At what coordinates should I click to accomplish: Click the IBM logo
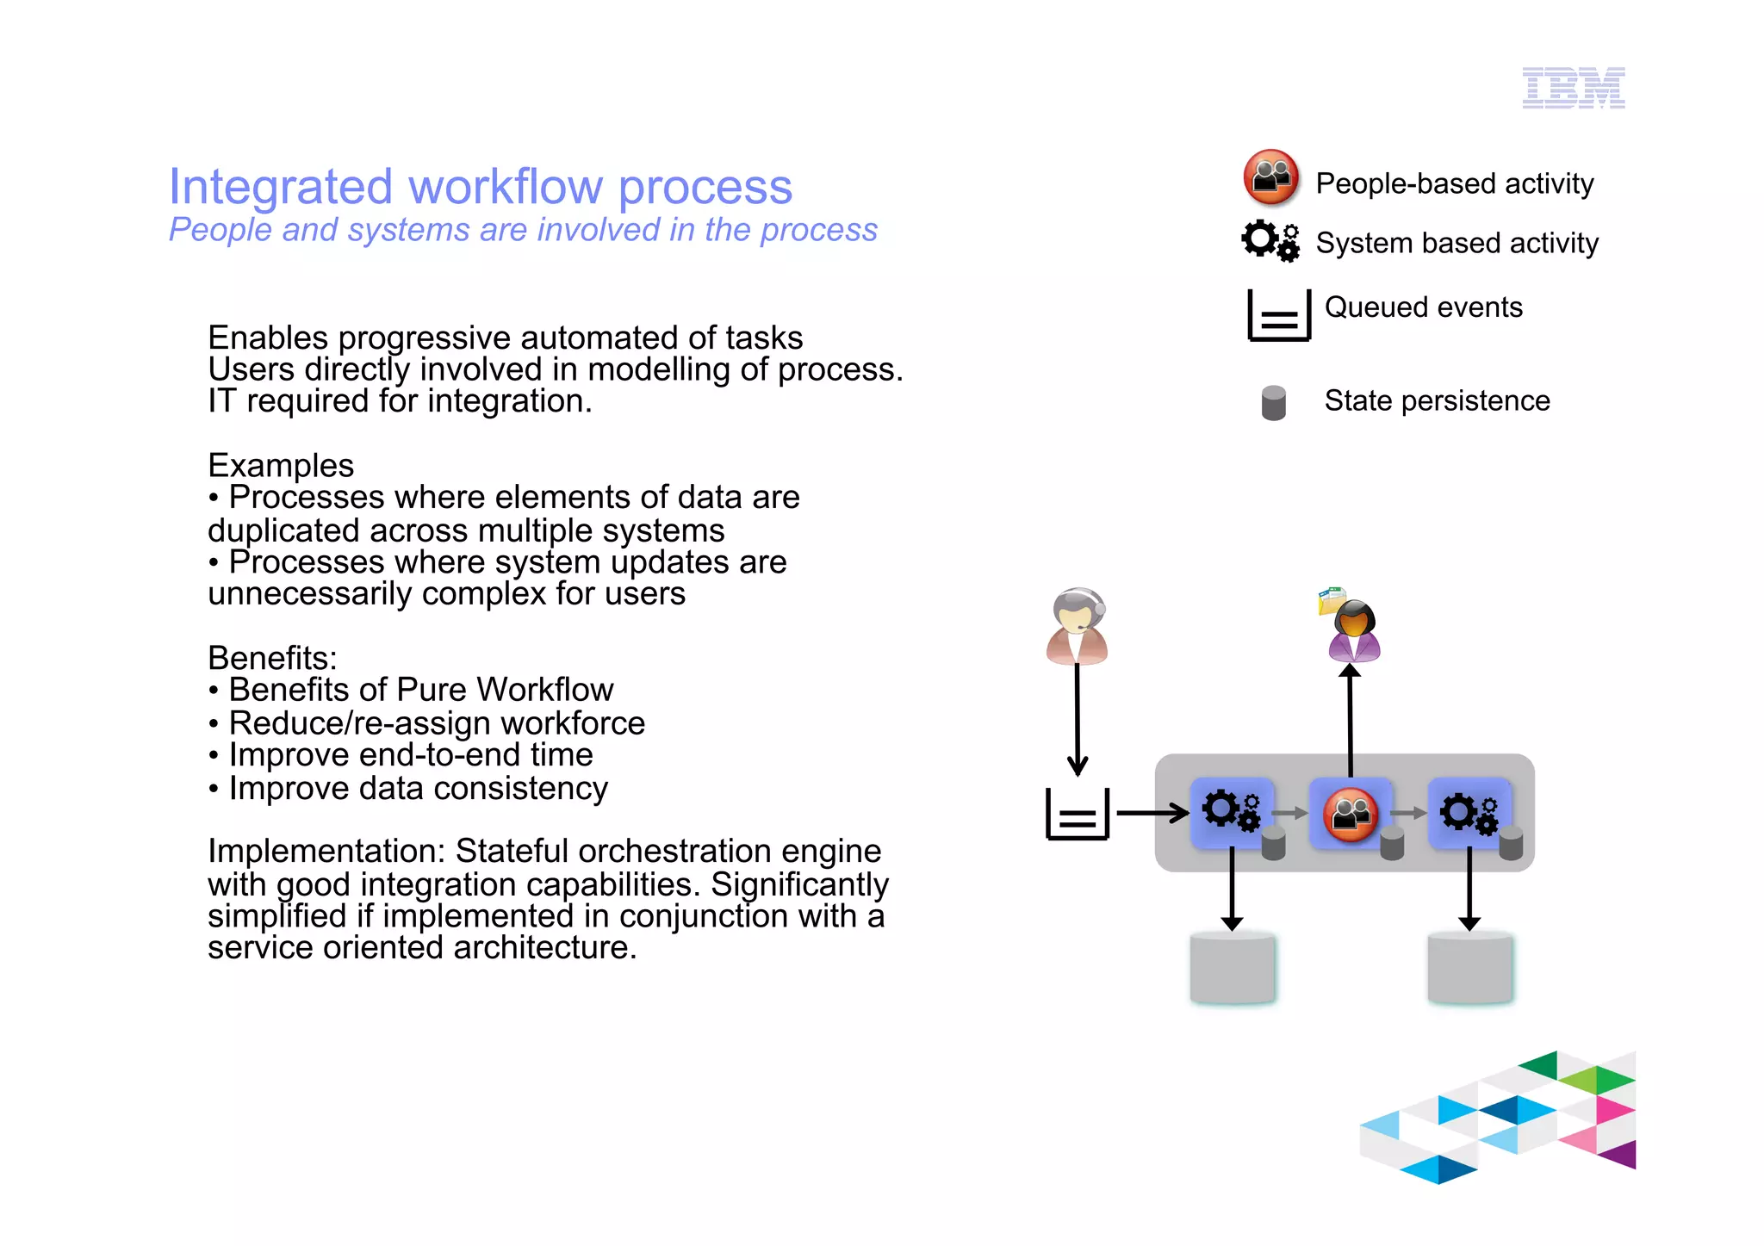[x=1573, y=88]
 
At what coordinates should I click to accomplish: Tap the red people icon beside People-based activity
[x=1270, y=177]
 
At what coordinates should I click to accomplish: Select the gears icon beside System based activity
[x=1270, y=241]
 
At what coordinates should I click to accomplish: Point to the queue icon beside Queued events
[x=1279, y=316]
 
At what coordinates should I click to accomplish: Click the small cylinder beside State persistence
[x=1273, y=403]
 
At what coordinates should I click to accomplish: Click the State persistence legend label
[x=1436, y=401]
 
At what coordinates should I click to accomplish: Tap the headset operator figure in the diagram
[x=1077, y=626]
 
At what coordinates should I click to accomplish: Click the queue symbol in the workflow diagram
[x=1077, y=814]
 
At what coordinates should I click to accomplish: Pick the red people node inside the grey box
[x=1350, y=814]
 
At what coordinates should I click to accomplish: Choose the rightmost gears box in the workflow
[x=1469, y=813]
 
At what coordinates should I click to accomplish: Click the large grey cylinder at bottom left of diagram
[x=1232, y=968]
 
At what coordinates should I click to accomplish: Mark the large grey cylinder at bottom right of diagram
[x=1469, y=968]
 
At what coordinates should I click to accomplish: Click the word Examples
[x=281, y=466]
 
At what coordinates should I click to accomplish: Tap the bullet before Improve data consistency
[x=214, y=790]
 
